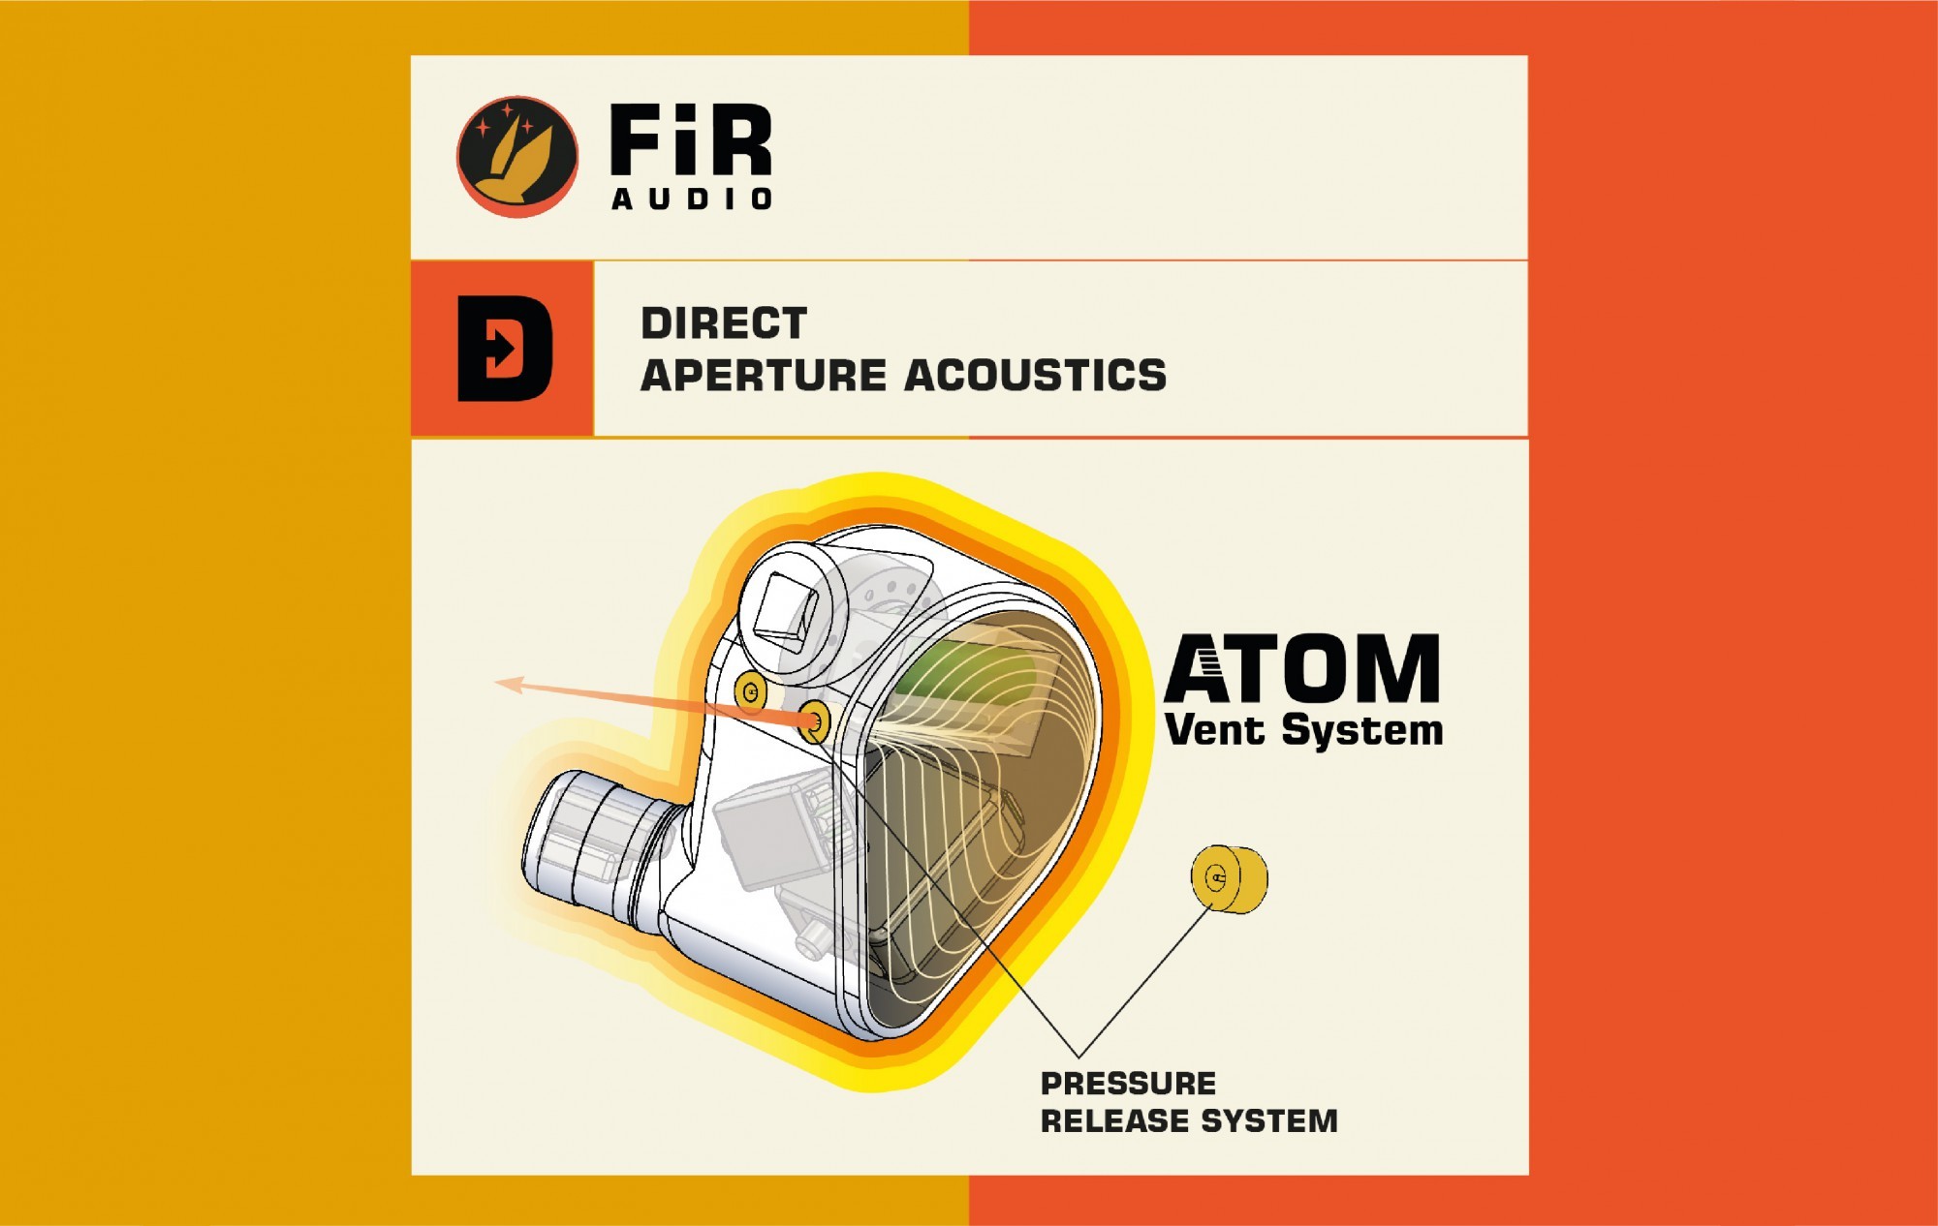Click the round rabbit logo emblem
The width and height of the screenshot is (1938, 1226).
coord(516,155)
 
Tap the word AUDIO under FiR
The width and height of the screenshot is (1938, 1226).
coord(692,199)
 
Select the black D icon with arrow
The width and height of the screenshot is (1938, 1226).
coord(504,349)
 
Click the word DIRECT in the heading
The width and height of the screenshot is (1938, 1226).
coord(724,323)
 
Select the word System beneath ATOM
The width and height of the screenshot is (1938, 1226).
coord(1362,730)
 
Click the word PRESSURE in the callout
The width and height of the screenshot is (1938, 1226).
coord(1128,1083)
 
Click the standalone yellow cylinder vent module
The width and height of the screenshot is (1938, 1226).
coord(1229,878)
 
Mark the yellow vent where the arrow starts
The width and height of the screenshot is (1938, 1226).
coord(815,720)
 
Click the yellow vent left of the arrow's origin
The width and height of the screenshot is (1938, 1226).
coord(750,691)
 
